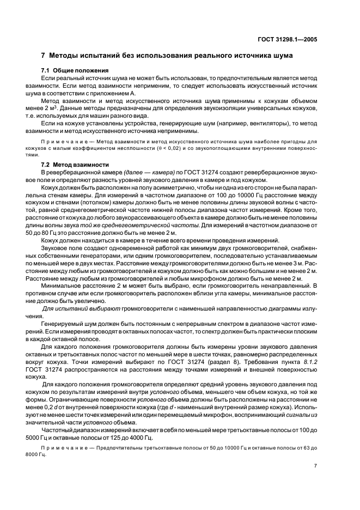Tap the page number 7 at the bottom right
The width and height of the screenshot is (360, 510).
[x=315, y=465]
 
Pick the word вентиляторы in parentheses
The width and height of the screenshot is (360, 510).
[x=255, y=124]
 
